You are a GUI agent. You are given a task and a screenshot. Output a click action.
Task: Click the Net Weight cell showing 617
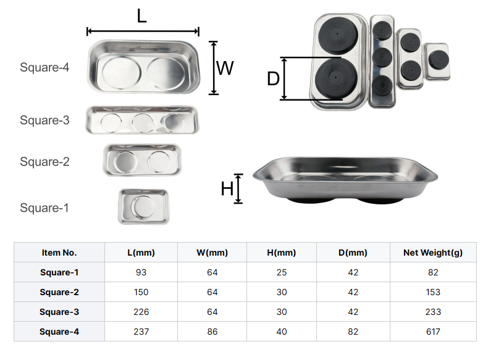click(x=433, y=332)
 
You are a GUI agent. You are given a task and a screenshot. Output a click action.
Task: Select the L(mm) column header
click(x=141, y=253)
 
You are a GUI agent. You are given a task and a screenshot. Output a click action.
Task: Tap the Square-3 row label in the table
click(x=59, y=312)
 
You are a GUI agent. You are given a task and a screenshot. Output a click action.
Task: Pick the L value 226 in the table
click(x=141, y=312)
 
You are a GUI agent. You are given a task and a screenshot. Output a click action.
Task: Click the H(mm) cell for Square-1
click(x=282, y=272)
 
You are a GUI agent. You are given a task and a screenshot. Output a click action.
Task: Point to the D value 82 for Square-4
click(x=353, y=332)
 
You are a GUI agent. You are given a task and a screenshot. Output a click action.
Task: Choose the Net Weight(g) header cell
click(x=433, y=253)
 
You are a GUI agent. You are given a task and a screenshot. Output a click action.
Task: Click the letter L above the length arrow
click(x=141, y=15)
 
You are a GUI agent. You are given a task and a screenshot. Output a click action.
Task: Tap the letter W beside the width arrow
click(x=225, y=68)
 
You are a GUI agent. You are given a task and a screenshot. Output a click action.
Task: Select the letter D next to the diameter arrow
click(x=273, y=78)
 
